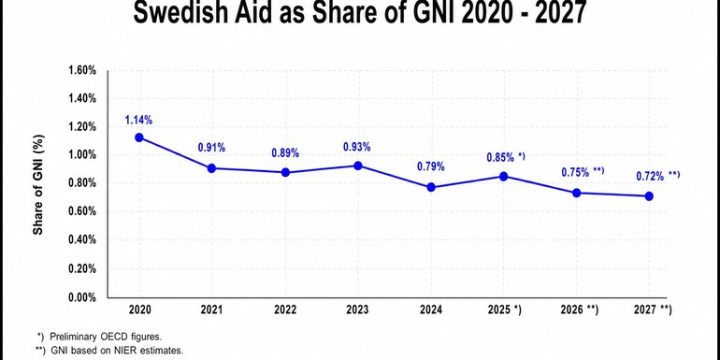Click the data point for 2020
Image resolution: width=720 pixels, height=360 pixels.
pyautogui.click(x=139, y=137)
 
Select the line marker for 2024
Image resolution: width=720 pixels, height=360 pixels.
pyautogui.click(x=430, y=187)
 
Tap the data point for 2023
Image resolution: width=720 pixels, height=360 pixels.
pyautogui.click(x=357, y=166)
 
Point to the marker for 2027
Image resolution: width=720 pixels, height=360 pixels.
pyautogui.click(x=648, y=196)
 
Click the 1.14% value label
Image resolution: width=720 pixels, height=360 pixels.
pyautogui.click(x=138, y=120)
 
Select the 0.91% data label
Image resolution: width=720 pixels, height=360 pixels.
pyautogui.click(x=211, y=148)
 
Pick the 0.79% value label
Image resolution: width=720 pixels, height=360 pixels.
pyautogui.click(x=430, y=167)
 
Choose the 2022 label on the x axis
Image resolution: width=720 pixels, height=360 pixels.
pyautogui.click(x=284, y=310)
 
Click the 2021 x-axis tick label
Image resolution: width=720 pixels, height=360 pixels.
pyautogui.click(x=211, y=310)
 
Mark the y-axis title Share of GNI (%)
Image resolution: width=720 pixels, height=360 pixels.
pyautogui.click(x=39, y=183)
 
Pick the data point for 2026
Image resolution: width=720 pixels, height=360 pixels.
pyautogui.click(x=576, y=193)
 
